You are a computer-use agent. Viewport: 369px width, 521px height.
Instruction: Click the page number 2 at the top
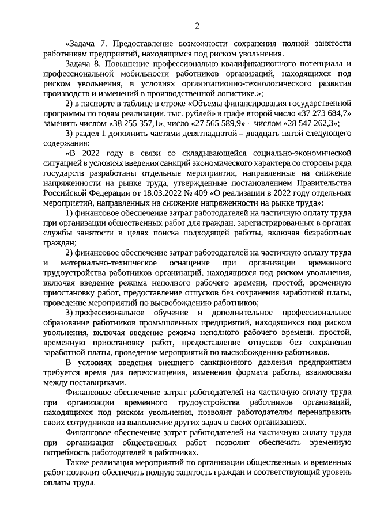pos(197,25)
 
